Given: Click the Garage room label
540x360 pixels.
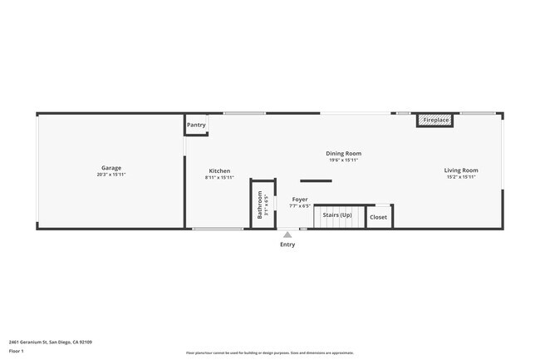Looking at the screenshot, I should tap(111, 168).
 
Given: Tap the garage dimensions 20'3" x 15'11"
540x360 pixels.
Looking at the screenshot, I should tap(111, 175).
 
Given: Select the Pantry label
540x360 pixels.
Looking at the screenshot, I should tap(196, 125).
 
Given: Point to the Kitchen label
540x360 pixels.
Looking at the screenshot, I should tap(219, 170).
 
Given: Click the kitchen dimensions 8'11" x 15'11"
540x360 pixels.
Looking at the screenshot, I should tap(219, 177).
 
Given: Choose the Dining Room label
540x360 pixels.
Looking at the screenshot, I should tap(343, 153).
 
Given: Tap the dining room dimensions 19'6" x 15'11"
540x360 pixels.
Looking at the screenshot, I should tap(343, 160).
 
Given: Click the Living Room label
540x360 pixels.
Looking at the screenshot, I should tap(461, 170).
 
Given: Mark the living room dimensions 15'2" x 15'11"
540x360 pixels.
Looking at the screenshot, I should tap(461, 177).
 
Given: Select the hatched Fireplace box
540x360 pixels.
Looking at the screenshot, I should tap(434, 121).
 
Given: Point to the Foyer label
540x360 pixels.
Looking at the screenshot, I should tap(300, 200).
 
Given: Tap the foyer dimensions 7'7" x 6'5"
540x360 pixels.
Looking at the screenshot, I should tap(299, 206).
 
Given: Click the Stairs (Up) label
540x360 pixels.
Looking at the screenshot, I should tap(337, 215).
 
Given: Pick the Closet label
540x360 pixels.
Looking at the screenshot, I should tap(378, 217).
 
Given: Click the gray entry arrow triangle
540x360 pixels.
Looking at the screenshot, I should tap(287, 235).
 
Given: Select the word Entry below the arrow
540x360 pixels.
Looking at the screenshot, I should tap(287, 244).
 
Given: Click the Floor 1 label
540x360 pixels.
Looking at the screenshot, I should tap(16, 352).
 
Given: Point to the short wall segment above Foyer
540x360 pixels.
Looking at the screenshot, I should tap(316, 180).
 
